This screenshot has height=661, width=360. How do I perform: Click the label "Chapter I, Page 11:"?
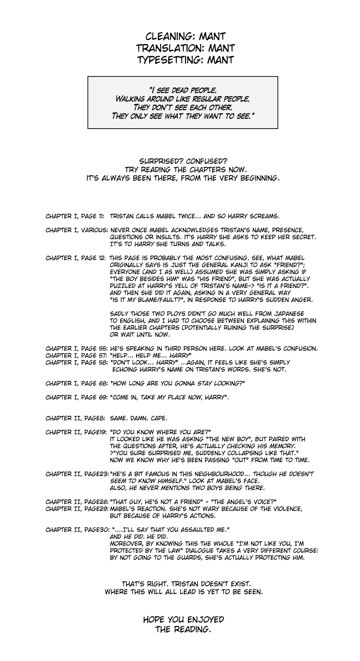[75, 216]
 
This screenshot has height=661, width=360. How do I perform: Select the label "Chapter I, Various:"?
[76, 230]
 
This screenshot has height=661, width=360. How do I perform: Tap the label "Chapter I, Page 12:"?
[76, 258]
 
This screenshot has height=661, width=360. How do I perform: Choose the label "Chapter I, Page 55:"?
[76, 348]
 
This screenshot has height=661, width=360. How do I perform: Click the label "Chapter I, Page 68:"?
[76, 383]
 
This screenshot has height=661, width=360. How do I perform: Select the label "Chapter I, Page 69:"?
[76, 397]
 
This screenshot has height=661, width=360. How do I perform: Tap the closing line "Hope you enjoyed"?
[184, 620]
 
